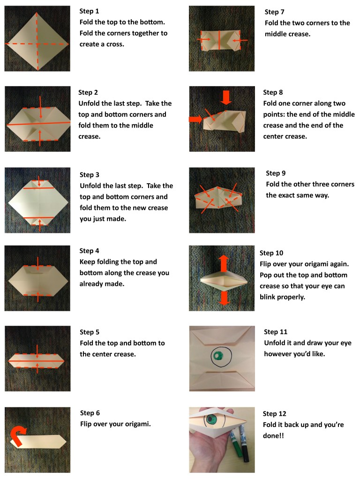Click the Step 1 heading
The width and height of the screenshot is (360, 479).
89,11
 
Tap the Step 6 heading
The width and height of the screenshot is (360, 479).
90,413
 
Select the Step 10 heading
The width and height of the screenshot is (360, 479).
271,253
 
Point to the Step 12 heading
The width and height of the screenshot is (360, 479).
274,414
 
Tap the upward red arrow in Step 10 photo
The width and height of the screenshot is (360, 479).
224,263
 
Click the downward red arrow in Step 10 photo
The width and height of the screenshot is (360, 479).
225,298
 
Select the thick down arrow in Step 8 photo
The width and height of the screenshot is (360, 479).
226,97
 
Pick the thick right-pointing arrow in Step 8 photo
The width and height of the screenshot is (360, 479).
195,119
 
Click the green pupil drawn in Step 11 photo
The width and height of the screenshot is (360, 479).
217,356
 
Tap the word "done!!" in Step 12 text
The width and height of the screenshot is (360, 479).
273,435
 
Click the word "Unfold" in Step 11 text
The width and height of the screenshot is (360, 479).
274,343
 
